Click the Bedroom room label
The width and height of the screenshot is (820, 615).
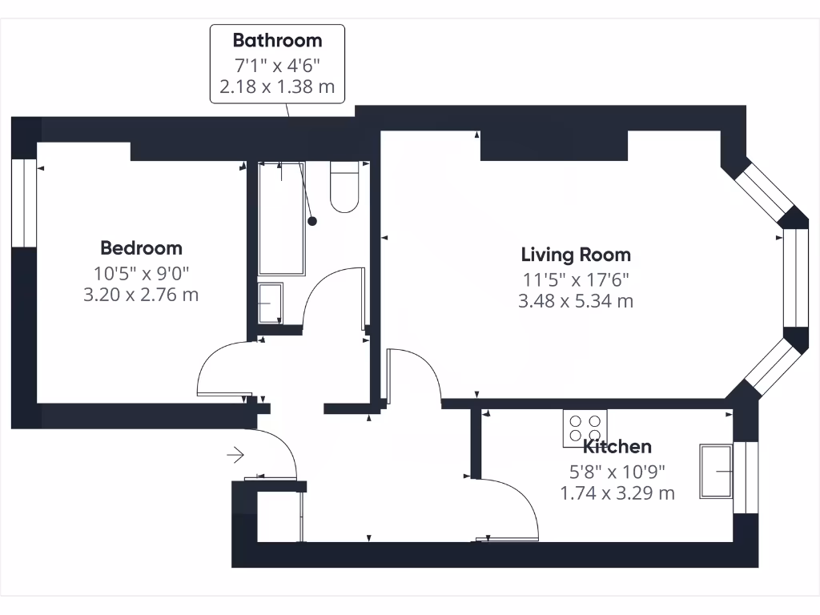[141, 248]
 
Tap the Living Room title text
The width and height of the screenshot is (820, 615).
[576, 255]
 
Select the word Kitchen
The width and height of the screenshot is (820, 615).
[617, 447]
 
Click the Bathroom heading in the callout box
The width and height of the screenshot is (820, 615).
[277, 40]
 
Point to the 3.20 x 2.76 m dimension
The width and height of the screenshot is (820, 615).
[141, 295]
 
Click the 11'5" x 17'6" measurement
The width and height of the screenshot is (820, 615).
[576, 279]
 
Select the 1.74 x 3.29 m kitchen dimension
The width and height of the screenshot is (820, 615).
[617, 493]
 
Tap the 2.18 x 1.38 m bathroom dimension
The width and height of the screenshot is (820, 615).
[277, 86]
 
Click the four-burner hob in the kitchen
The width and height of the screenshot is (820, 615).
[585, 428]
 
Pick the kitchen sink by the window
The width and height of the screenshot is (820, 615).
[716, 472]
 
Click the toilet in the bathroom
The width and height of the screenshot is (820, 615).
[344, 188]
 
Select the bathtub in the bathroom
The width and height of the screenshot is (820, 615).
[281, 218]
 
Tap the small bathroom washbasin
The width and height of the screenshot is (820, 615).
[270, 303]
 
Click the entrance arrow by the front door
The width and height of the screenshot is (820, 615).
[235, 456]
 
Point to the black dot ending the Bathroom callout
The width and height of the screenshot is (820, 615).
[312, 221]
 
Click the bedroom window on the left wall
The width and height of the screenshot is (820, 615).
[24, 203]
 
